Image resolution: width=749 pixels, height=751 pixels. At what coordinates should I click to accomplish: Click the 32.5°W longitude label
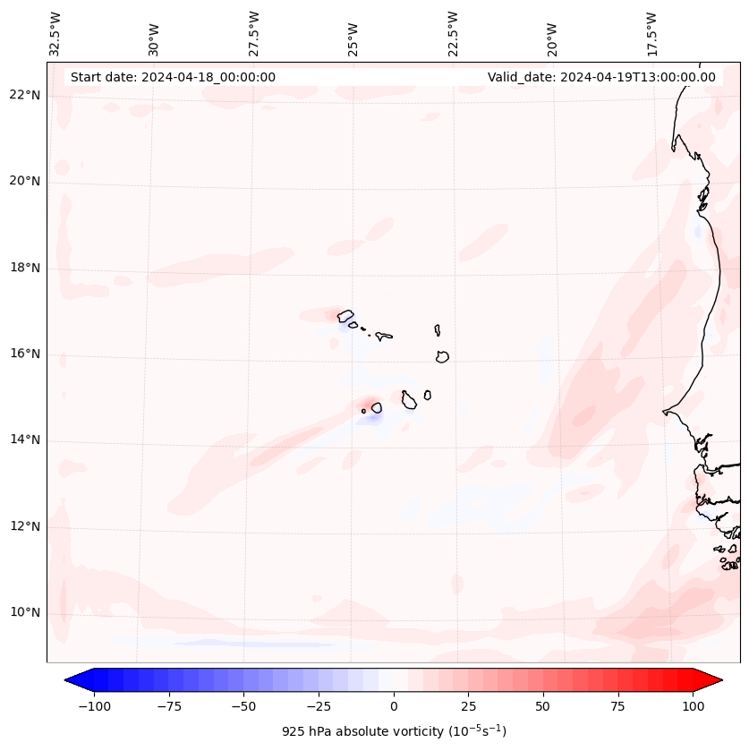pyautogui.click(x=55, y=33)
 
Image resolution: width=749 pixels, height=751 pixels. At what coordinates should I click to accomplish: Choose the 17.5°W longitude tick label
pyautogui.click(x=651, y=33)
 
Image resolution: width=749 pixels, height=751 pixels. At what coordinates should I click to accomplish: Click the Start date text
pyautogui.click(x=173, y=77)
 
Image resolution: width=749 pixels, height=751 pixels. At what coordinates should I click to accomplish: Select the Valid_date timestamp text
pyautogui.click(x=601, y=77)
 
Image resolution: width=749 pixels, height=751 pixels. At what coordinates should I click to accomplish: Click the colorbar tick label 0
pyautogui.click(x=394, y=706)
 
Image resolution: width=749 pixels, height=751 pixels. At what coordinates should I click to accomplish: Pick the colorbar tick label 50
pyautogui.click(x=543, y=706)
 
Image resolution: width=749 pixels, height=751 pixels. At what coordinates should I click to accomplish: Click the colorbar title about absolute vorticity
pyautogui.click(x=394, y=731)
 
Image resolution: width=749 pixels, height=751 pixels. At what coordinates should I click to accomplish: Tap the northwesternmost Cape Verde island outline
pyautogui.click(x=345, y=315)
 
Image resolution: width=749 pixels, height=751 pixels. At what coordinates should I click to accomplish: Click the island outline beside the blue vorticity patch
pyautogui.click(x=377, y=408)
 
